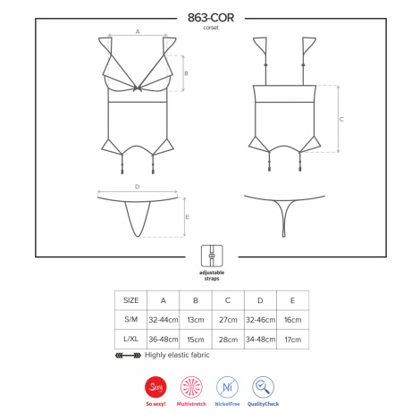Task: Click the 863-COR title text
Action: [211, 18]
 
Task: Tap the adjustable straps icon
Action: [212, 256]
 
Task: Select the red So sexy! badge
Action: [155, 387]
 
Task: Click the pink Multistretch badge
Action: [191, 387]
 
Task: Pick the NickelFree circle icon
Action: [227, 387]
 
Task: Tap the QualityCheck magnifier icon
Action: [263, 387]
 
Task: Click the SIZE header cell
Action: [130, 300]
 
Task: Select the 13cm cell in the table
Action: [196, 320]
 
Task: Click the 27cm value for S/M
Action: [228, 320]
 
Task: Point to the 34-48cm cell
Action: [260, 340]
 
